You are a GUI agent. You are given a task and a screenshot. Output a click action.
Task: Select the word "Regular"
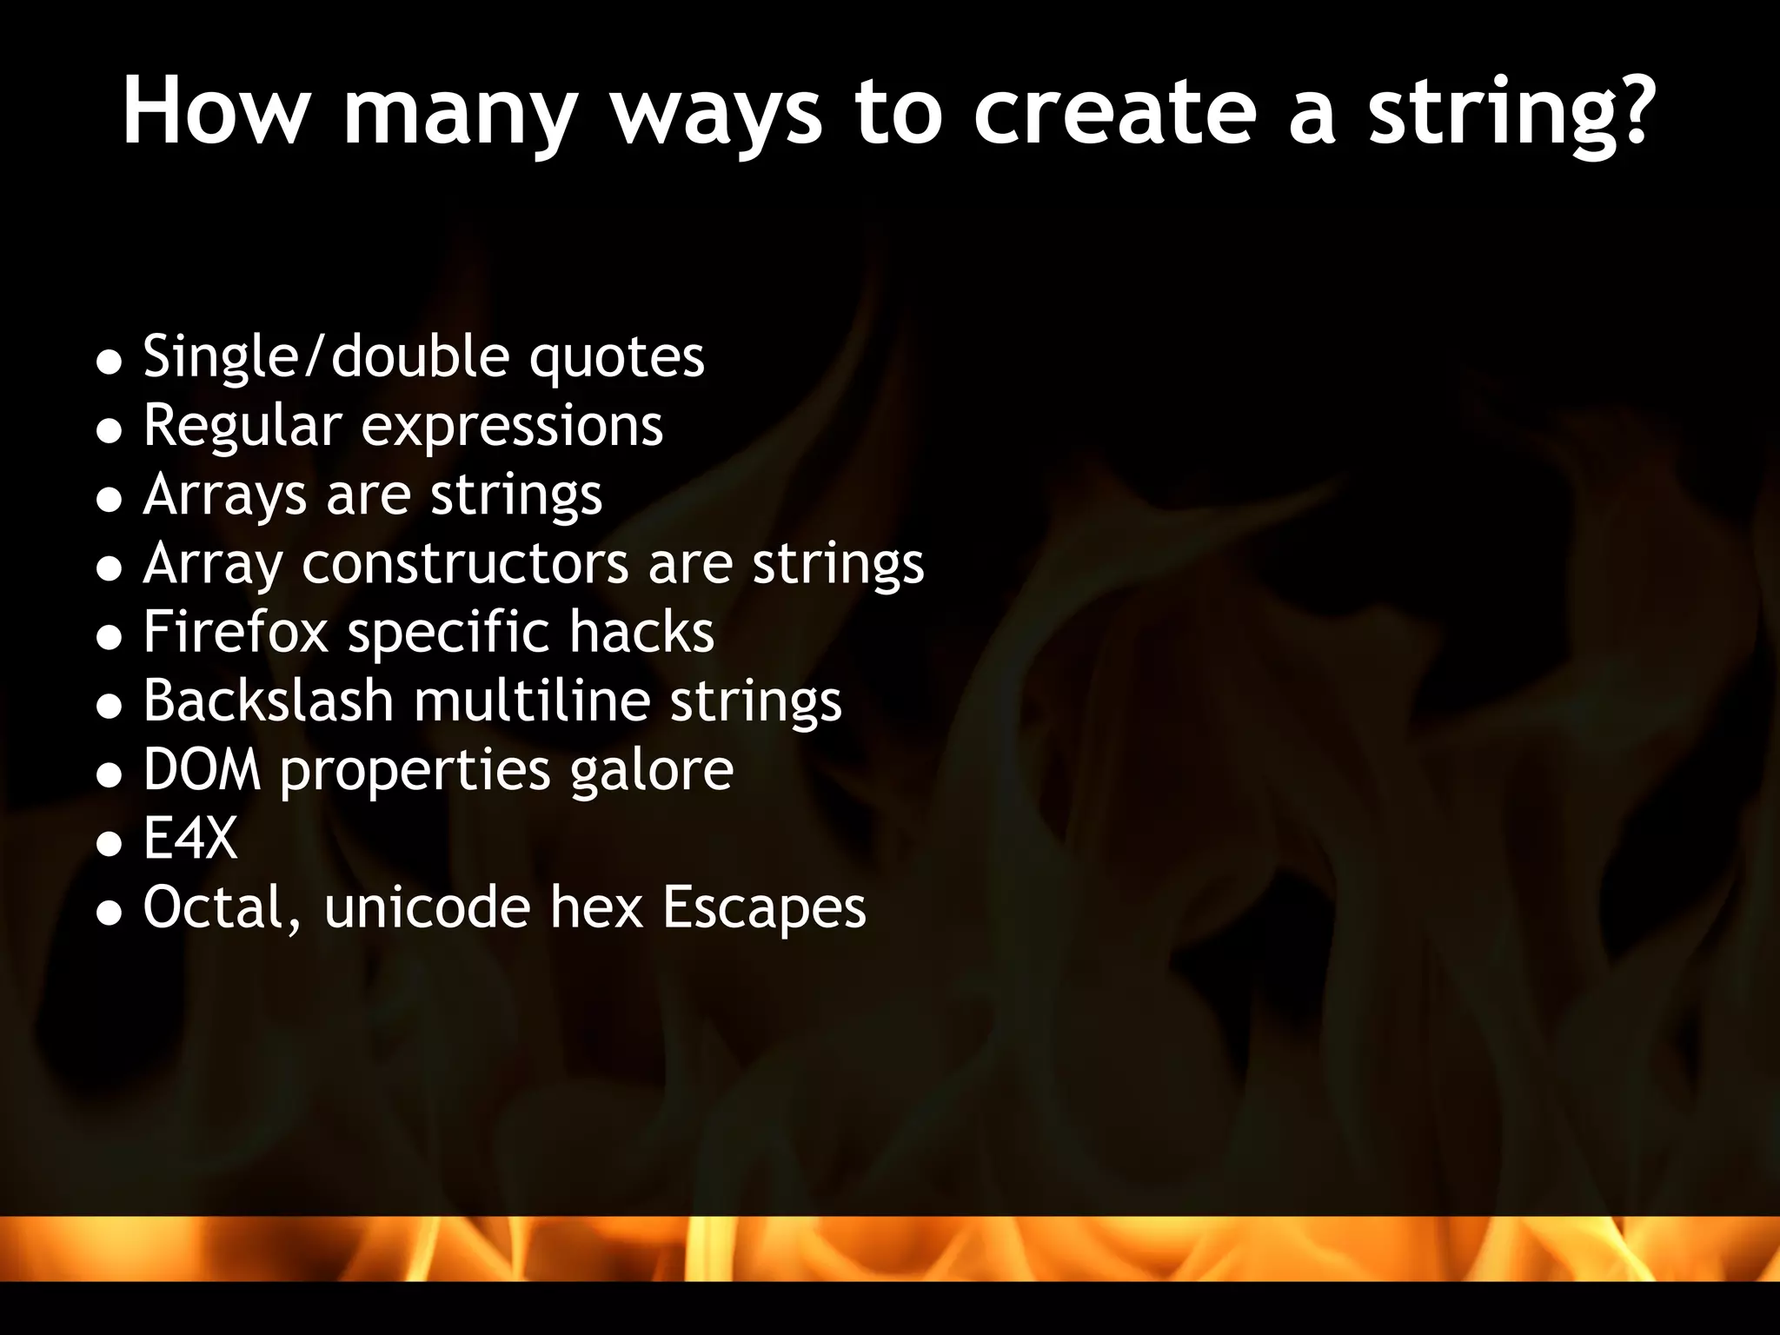point(242,427)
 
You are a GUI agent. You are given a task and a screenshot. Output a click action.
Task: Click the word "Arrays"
point(225,496)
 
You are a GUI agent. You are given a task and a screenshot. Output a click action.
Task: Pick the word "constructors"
point(465,564)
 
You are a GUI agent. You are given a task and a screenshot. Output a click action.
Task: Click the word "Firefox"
point(236,632)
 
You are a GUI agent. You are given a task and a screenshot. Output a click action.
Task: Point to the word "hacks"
point(641,632)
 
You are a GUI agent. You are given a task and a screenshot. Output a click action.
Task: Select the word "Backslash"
point(269,701)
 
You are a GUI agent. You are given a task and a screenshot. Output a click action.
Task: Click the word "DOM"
point(202,770)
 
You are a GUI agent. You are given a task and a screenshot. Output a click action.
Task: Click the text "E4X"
point(190,839)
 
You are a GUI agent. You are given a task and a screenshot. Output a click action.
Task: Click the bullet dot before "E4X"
point(109,843)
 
